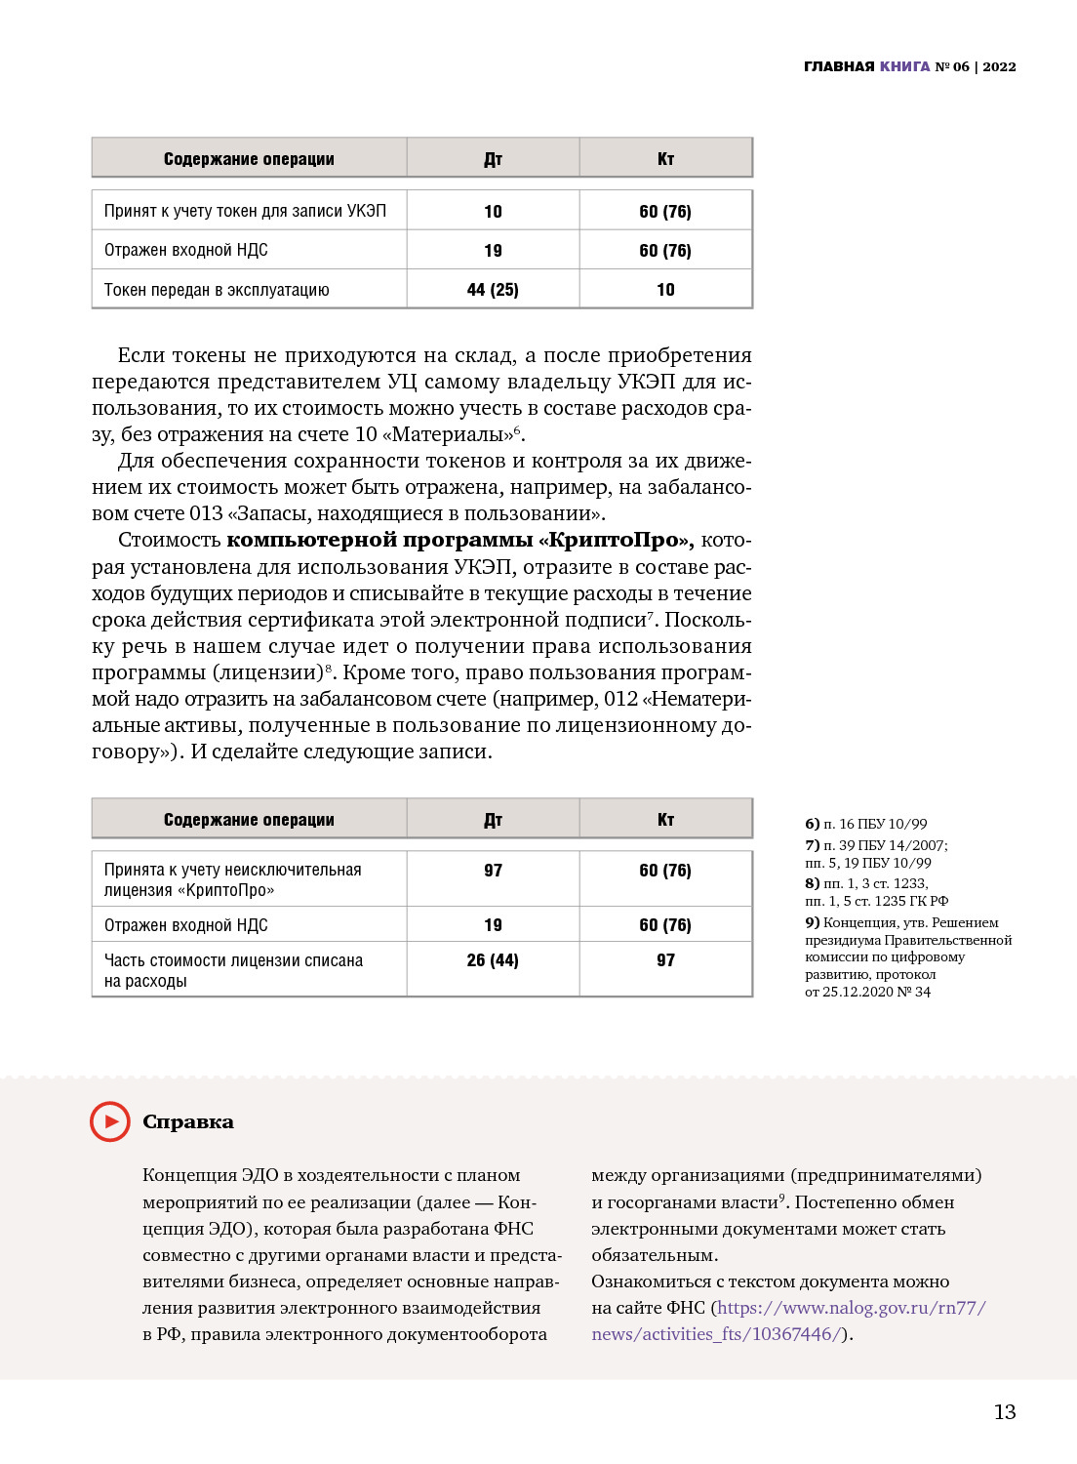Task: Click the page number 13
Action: pos(1005,1412)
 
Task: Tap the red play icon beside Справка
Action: pos(110,1121)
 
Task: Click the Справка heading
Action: pos(188,1122)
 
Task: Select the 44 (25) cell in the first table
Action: pos(493,290)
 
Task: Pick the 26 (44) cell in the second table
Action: pos(493,960)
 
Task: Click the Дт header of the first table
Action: pos(493,159)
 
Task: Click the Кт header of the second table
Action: pos(665,820)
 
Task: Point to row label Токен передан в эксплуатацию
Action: pos(217,290)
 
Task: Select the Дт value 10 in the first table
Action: pos(493,212)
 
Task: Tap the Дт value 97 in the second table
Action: pos(493,871)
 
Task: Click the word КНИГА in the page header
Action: pos(904,66)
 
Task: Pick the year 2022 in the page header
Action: pos(999,66)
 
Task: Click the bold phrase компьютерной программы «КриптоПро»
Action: pos(459,540)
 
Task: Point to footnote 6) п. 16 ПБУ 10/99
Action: pos(866,824)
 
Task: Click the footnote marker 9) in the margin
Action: pos(812,922)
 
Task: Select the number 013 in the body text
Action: pos(206,513)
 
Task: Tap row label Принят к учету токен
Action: pos(245,212)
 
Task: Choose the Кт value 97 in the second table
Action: pos(665,960)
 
